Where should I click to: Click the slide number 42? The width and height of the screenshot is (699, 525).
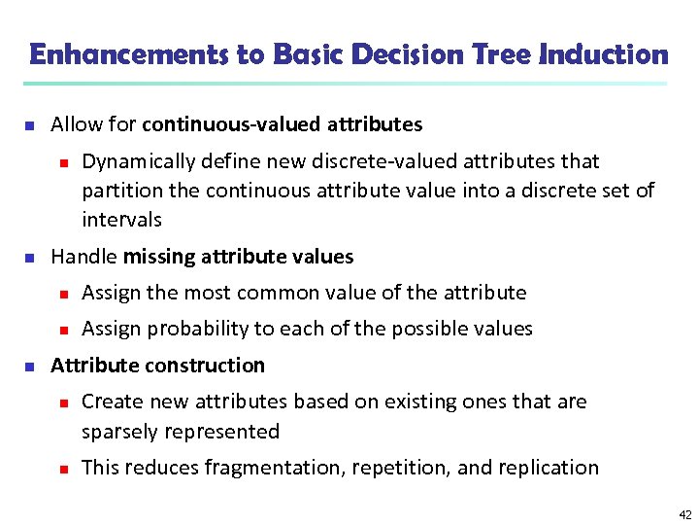pyautogui.click(x=685, y=513)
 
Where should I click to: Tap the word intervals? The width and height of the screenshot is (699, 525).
pyautogui.click(x=121, y=220)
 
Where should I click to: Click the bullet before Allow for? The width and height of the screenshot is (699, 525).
pyautogui.click(x=29, y=126)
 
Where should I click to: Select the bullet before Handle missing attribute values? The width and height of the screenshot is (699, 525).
pyautogui.click(x=29, y=259)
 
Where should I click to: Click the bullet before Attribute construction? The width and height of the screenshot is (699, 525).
pyautogui.click(x=29, y=367)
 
